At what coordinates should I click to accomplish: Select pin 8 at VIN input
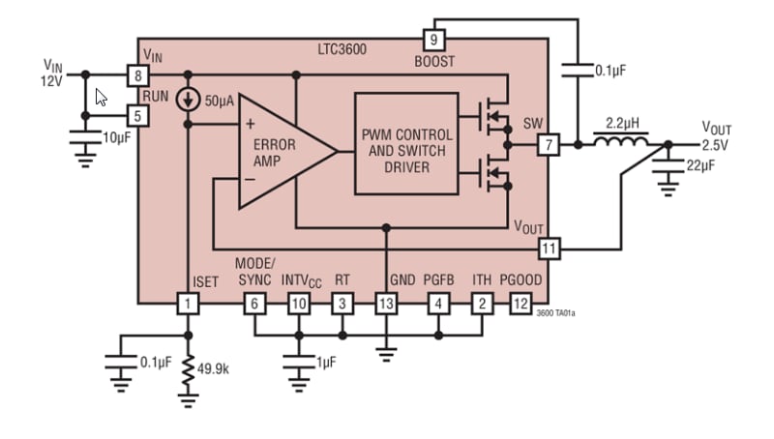click(138, 74)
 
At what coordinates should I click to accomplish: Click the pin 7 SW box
click(549, 145)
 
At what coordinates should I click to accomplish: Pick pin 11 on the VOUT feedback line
click(549, 249)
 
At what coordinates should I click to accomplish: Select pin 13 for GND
click(386, 304)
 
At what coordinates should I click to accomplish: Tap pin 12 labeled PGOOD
click(521, 304)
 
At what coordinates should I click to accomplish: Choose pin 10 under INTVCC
click(298, 304)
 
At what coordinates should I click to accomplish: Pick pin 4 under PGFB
click(438, 304)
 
